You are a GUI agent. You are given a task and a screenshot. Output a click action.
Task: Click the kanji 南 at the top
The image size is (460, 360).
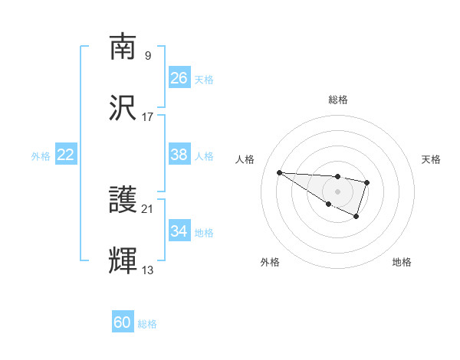point(123,47)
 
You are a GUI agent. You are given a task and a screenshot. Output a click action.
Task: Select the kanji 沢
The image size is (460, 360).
point(123,109)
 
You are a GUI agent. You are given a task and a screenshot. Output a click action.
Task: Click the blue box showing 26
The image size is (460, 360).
point(179,78)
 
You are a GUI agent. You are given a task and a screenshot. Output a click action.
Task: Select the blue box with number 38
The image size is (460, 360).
point(179,155)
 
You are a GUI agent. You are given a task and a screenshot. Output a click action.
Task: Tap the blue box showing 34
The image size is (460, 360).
point(179,231)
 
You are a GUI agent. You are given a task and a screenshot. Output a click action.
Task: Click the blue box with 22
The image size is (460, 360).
point(66,155)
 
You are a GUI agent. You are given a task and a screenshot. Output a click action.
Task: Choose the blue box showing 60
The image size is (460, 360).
point(123,322)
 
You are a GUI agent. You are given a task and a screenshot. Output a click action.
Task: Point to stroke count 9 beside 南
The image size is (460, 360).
point(147,55)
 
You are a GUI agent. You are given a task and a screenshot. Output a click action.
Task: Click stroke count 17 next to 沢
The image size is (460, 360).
point(148,116)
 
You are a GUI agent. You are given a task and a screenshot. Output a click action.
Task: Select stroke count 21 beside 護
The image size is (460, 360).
point(148,208)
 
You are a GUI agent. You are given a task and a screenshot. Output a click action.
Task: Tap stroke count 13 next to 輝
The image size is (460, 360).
point(148,270)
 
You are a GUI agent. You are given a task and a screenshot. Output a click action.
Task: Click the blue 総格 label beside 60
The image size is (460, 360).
point(147,324)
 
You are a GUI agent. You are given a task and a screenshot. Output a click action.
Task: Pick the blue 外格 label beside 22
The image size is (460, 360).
point(41,156)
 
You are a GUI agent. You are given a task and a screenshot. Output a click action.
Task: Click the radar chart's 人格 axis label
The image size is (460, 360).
point(245,159)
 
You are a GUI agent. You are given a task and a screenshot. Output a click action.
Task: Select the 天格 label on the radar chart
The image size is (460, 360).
point(431,159)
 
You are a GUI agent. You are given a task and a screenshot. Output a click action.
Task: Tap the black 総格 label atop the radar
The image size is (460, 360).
point(337,100)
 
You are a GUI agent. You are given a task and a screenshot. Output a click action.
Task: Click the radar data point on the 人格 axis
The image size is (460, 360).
point(279,172)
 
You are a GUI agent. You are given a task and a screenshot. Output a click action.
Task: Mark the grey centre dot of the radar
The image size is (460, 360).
point(337,191)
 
